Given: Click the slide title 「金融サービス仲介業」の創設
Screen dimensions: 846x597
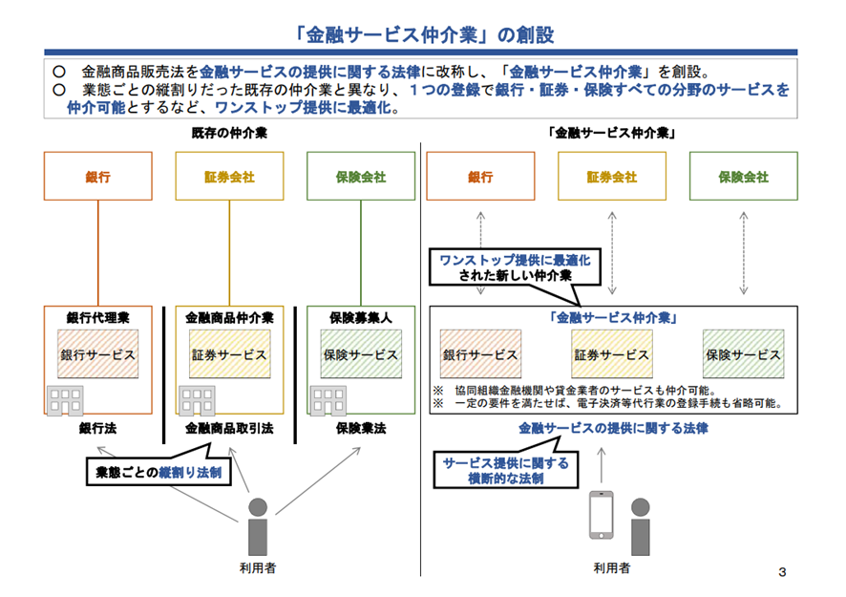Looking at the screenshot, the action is click(x=424, y=35).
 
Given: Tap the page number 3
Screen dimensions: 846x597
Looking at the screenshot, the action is click(x=782, y=572).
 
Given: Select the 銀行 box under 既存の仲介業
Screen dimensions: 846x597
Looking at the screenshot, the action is click(x=98, y=176).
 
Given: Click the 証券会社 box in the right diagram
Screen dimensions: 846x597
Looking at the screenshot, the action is click(x=612, y=176).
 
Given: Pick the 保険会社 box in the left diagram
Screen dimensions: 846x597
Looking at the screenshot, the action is click(x=361, y=176).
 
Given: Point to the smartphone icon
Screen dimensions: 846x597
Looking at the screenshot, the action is click(x=601, y=515).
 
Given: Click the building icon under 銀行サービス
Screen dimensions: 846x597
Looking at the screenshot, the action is click(x=65, y=400).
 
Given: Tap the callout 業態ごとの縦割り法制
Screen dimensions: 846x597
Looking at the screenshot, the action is click(x=159, y=472).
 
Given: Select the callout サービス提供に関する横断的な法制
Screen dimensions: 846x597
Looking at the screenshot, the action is click(x=505, y=470).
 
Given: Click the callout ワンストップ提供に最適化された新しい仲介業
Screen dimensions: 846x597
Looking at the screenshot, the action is click(x=515, y=267).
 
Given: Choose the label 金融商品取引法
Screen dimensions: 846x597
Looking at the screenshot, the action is click(x=229, y=429).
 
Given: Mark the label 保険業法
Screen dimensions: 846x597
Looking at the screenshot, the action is click(x=361, y=429).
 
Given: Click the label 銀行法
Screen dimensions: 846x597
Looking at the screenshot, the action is click(x=97, y=429).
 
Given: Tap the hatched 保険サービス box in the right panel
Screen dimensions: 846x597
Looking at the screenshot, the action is click(x=743, y=354).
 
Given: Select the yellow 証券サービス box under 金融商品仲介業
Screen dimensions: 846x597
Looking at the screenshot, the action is click(x=229, y=354).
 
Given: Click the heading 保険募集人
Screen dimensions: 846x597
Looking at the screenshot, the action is click(x=361, y=318).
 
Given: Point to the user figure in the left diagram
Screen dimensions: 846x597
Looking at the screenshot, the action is click(x=258, y=526).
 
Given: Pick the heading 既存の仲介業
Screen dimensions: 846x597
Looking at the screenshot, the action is click(x=229, y=133).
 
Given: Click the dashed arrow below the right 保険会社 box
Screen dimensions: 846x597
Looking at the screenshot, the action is click(x=744, y=253).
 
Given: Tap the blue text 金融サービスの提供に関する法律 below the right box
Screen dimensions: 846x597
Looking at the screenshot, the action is click(x=613, y=429).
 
